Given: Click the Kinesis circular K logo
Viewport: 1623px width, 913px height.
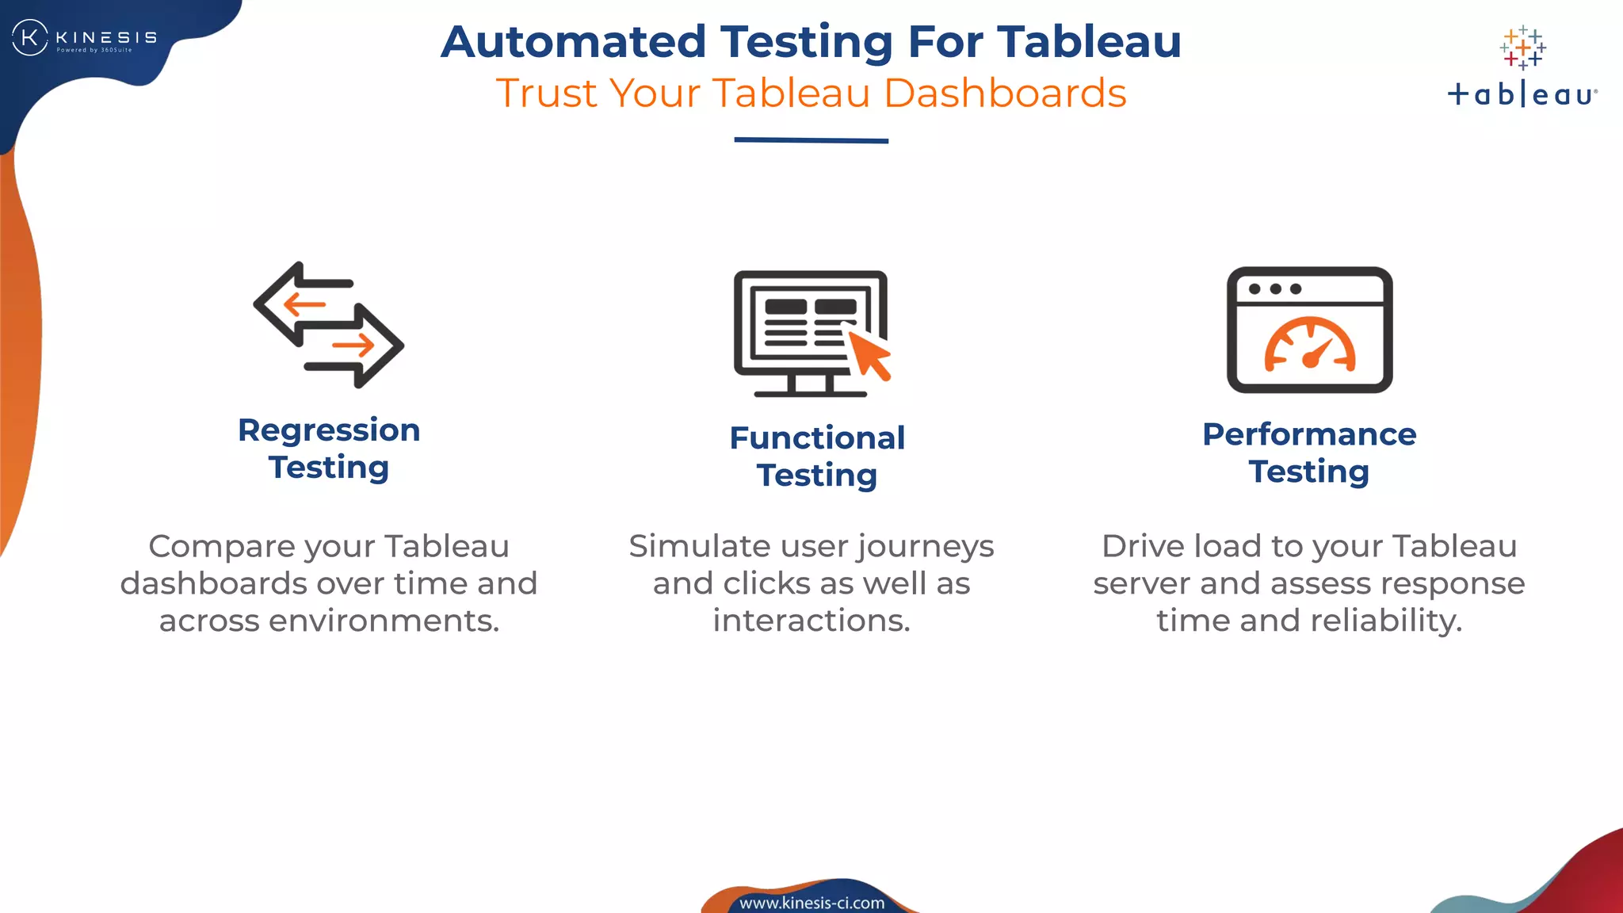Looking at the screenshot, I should click(30, 37).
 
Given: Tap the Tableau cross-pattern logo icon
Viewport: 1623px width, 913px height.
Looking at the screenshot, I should click(1522, 48).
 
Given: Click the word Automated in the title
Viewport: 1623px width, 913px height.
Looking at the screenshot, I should click(573, 42).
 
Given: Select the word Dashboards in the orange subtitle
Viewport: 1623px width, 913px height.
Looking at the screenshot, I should click(1004, 94).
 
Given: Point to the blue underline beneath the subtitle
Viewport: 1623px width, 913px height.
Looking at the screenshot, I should click(811, 140).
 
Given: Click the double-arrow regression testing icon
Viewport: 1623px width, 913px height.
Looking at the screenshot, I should click(329, 325).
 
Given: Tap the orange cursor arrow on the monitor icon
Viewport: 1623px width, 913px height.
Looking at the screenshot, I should click(869, 354).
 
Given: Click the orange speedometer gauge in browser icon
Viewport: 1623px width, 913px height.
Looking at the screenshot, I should click(1309, 345).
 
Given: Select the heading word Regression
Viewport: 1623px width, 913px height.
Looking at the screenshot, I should click(329, 430).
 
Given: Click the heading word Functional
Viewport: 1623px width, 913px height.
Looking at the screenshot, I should click(817, 438).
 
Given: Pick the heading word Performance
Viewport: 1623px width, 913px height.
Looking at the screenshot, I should click(1309, 434).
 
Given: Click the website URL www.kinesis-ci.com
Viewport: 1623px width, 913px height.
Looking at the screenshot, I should click(811, 903).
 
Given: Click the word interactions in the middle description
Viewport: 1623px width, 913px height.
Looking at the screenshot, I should click(811, 621).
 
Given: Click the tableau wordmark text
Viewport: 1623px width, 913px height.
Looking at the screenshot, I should click(1522, 95).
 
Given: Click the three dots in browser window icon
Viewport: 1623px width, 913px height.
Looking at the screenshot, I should click(1274, 288).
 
